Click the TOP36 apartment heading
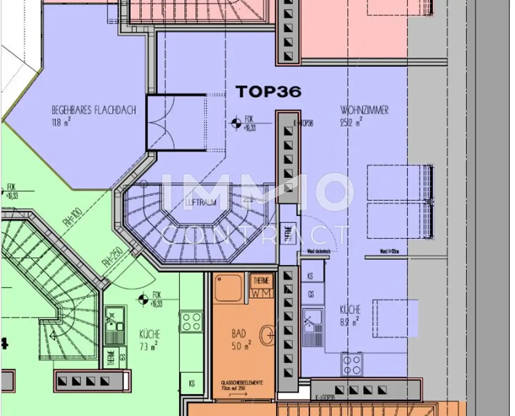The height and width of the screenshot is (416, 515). coord(269,92)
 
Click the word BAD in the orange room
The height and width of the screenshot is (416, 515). coord(238,333)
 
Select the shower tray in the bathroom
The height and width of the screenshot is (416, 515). coord(229,288)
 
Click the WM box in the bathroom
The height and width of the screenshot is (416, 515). coord(262,292)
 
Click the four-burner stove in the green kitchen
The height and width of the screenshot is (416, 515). coord(192,321)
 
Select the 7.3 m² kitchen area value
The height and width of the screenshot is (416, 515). coord(149,345)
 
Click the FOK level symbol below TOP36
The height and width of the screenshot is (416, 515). coord(235,122)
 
